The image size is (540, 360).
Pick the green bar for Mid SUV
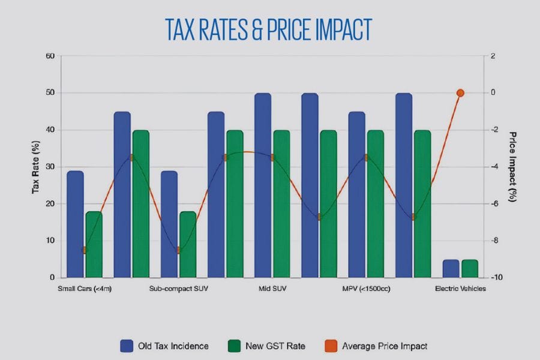pyautogui.click(x=282, y=204)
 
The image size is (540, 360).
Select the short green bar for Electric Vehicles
pyautogui.click(x=470, y=269)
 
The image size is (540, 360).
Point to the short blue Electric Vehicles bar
pyautogui.click(x=451, y=269)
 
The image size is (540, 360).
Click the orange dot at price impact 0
pyautogui.click(x=460, y=93)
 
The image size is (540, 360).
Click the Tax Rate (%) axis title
pyautogui.click(x=35, y=166)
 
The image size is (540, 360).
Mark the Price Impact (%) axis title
pyautogui.click(x=513, y=166)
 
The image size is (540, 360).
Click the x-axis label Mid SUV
pyautogui.click(x=272, y=289)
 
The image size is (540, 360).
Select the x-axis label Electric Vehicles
pyautogui.click(x=460, y=289)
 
